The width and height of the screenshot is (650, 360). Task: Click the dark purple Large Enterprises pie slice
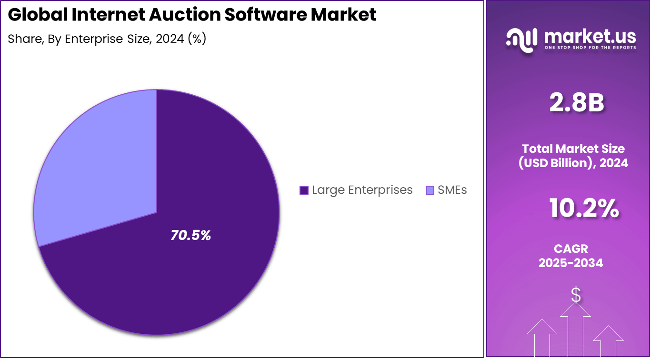pos(190,267)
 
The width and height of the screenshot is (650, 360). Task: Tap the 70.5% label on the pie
pos(190,235)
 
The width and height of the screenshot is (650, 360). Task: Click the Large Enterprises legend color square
pos(304,190)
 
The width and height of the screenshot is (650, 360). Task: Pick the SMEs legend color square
pos(430,190)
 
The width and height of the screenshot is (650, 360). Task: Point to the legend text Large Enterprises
pos(362,190)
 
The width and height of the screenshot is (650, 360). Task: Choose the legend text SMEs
pos(452,190)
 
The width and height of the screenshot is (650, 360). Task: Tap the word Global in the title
pos(38,15)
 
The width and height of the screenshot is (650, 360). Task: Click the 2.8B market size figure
pos(576,103)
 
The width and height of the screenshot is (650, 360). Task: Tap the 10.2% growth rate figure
pos(584,208)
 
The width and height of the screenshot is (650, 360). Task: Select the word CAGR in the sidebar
pos(570,249)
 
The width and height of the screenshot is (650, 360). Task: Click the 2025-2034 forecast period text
pos(570,263)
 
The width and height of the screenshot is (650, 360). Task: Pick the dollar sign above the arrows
pos(576,295)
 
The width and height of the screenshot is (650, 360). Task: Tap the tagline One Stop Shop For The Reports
pos(590,48)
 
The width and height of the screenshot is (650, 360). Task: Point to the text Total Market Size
pos(573,149)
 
